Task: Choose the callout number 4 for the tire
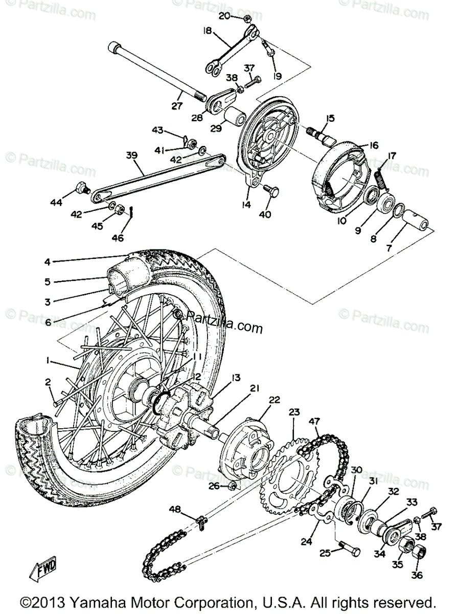point(47,262)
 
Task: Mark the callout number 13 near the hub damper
point(235,378)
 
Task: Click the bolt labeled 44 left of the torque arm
point(82,188)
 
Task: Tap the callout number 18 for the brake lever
point(207,31)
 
